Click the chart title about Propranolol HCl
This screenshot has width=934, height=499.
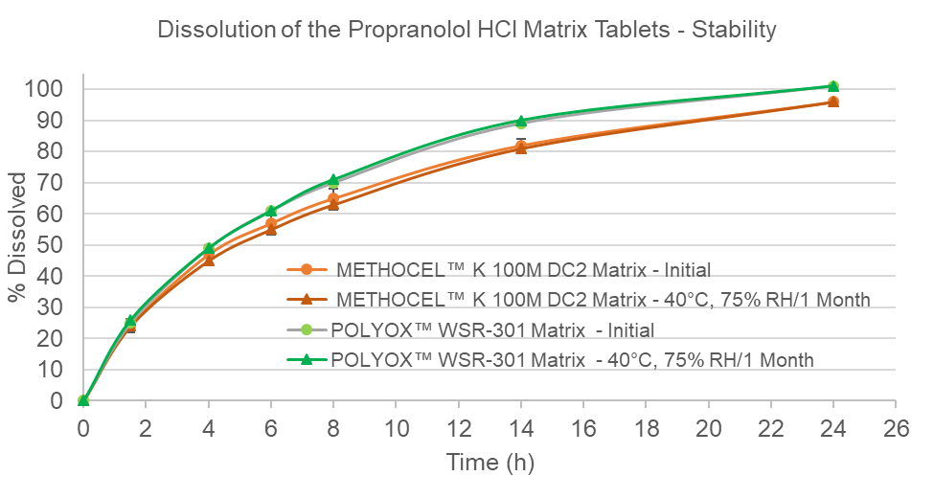(467, 30)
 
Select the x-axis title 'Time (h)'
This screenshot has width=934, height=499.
(490, 463)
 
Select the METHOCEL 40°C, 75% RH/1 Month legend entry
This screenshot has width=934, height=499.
(603, 300)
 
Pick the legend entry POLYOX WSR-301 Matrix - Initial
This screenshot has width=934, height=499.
(494, 330)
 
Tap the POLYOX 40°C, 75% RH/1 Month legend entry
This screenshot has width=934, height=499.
(572, 360)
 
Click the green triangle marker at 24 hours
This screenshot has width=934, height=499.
(833, 87)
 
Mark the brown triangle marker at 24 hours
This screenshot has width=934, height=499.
(833, 102)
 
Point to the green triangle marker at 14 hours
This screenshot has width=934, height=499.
(521, 122)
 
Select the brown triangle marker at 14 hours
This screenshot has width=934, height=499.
(521, 148)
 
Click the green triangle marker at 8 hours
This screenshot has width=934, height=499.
(333, 180)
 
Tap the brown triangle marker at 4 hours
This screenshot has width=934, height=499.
(209, 260)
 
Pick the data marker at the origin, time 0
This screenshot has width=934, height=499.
(83, 400)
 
